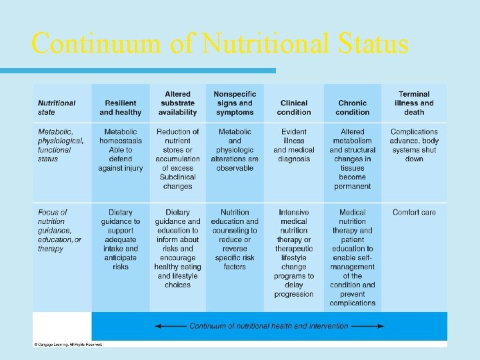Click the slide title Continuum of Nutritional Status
click(219, 44)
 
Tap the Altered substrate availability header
click(177, 103)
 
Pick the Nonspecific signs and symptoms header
click(235, 103)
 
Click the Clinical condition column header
click(294, 107)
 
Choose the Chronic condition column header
click(353, 107)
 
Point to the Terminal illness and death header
click(414, 103)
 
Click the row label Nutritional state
click(57, 107)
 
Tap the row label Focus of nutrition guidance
click(59, 230)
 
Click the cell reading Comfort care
click(414, 213)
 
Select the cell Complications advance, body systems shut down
click(414, 145)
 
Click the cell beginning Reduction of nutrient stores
click(177, 159)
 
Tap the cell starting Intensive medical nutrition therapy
click(294, 253)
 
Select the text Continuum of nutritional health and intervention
click(269, 326)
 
